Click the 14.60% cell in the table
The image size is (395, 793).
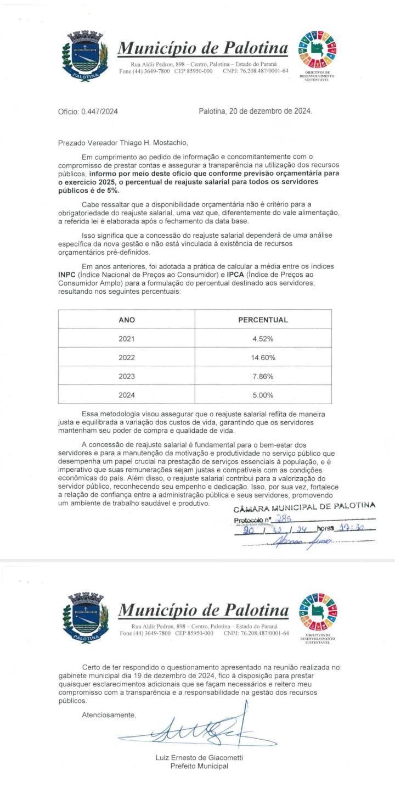click(263, 358)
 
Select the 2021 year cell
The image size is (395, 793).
click(126, 339)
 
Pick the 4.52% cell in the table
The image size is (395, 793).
click(263, 339)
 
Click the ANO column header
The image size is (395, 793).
click(126, 320)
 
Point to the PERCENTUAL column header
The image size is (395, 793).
click(263, 320)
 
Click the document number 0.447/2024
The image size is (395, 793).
click(88, 111)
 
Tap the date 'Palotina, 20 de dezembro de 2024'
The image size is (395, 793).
click(255, 111)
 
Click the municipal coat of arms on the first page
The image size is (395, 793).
click(85, 57)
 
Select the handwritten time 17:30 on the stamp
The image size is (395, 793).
click(351, 529)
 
